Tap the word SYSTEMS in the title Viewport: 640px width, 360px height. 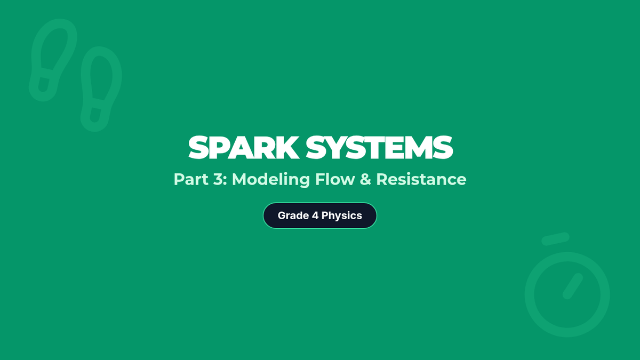[x=380, y=148]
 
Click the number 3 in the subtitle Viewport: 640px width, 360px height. [x=218, y=179]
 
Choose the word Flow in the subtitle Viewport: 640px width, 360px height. [x=334, y=179]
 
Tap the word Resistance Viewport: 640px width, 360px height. [x=421, y=179]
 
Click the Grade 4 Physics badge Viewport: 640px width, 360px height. [x=320, y=215]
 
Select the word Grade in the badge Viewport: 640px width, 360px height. [x=293, y=215]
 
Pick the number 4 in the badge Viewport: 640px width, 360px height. [x=315, y=215]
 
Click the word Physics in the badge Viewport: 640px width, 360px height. [x=341, y=215]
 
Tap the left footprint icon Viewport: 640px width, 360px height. [x=52, y=59]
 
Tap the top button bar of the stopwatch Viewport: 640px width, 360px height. [x=555, y=239]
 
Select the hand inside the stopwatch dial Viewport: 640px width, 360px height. [x=572, y=286]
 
